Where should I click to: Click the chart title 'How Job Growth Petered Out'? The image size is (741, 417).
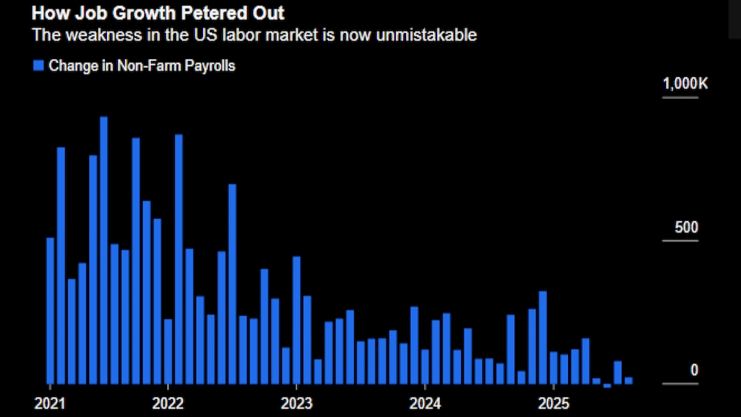click(x=158, y=13)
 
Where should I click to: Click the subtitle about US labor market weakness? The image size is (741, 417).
click(x=254, y=35)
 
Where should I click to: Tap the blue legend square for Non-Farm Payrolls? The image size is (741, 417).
click(x=38, y=66)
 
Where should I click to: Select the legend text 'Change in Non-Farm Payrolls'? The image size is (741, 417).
click(x=142, y=66)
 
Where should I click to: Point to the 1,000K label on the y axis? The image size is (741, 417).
click(x=685, y=84)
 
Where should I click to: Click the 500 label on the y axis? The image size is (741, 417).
click(x=686, y=228)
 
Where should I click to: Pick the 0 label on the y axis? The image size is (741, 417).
click(x=694, y=371)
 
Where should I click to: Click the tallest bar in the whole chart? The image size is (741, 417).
click(x=104, y=250)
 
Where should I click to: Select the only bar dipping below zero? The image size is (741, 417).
click(x=607, y=385)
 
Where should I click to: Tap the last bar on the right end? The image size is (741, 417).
click(x=628, y=380)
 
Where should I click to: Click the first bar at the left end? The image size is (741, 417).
click(x=50, y=310)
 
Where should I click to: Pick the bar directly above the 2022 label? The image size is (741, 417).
click(x=168, y=350)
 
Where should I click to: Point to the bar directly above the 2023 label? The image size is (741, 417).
click(x=296, y=320)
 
